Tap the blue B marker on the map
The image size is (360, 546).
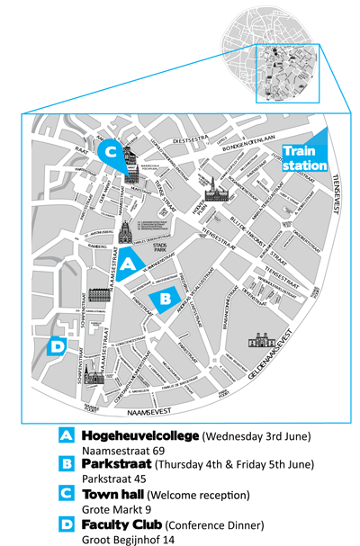pos(166,298)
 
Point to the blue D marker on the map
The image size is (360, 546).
pos(57,345)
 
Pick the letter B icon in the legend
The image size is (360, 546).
pos(66,465)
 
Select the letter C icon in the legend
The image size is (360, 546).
pos(66,494)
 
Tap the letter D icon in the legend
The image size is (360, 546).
pos(66,524)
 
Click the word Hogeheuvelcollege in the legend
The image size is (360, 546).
pos(139,436)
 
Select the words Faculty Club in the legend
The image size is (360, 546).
pos(121,524)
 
